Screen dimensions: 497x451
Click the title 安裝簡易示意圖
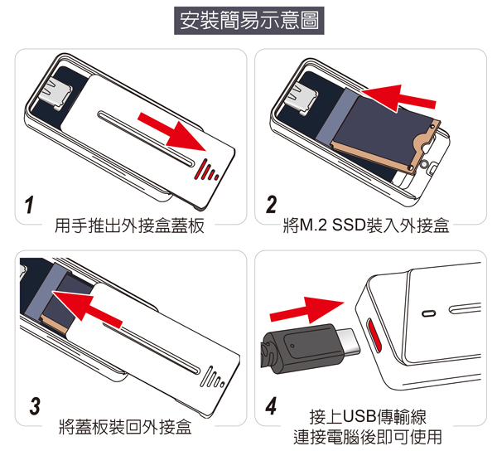click(249, 20)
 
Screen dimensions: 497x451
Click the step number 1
click(29, 205)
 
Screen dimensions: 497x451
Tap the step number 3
click(35, 405)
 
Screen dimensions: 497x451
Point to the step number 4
click(272, 405)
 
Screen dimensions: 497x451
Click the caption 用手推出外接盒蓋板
click(129, 225)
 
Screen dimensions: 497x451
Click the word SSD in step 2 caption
click(349, 225)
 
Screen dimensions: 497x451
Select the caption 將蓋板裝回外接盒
click(126, 427)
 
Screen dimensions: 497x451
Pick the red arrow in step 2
click(398, 98)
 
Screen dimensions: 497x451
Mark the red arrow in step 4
click(306, 310)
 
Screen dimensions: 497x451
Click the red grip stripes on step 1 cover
click(206, 170)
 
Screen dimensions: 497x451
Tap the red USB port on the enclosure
click(374, 335)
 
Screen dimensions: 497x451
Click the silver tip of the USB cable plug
click(349, 342)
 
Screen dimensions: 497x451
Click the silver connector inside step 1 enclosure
click(56, 95)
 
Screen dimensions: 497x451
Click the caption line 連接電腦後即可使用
click(367, 438)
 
